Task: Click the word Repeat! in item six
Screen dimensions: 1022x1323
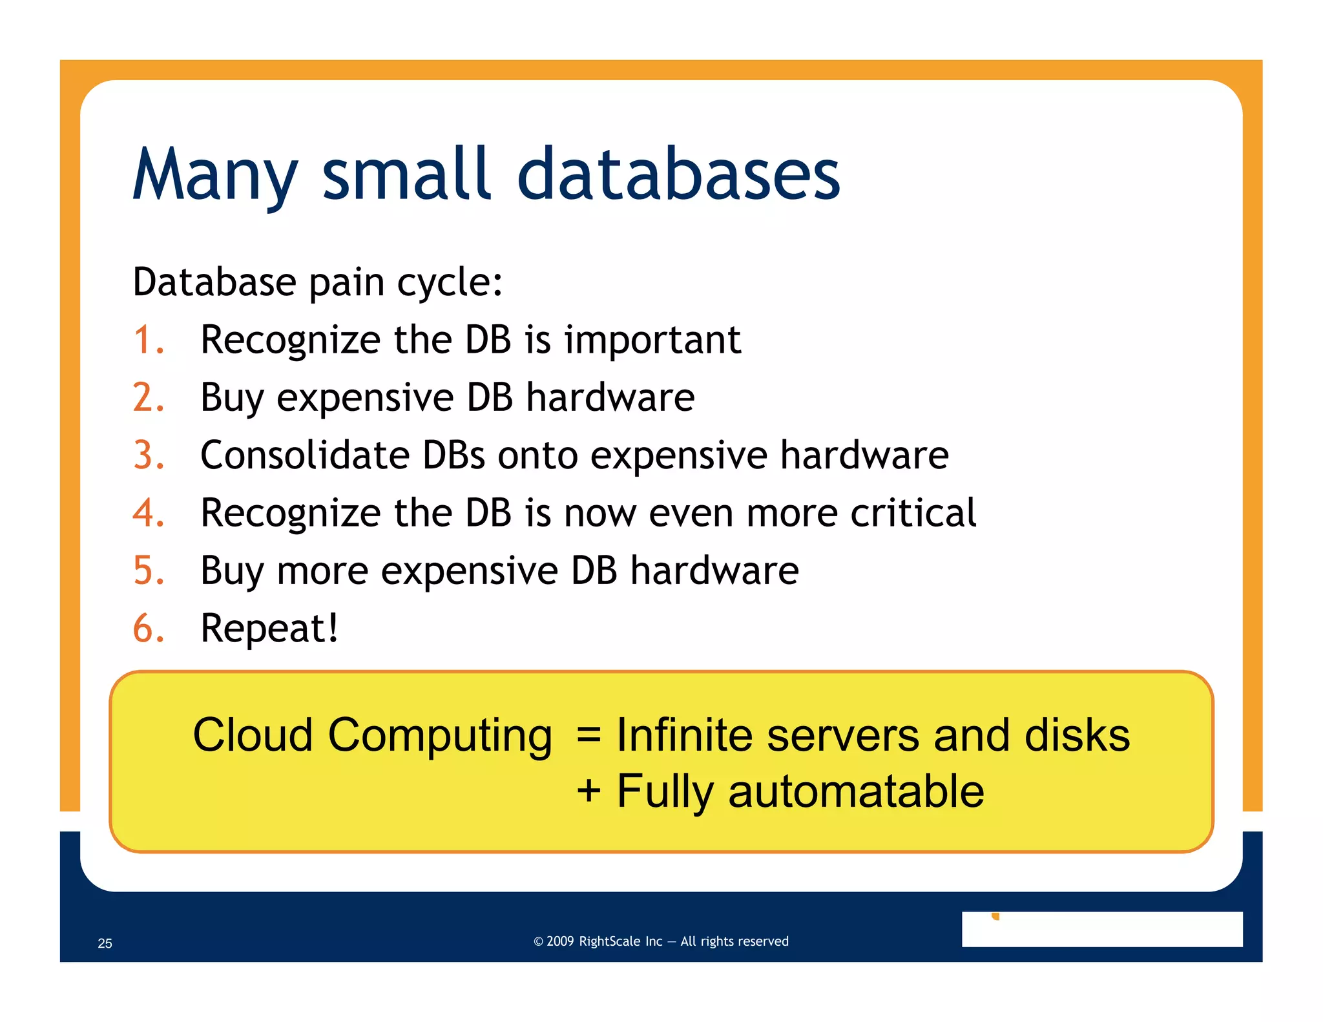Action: click(269, 629)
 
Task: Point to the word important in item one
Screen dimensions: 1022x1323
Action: click(652, 340)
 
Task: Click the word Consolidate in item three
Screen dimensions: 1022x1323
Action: click(305, 455)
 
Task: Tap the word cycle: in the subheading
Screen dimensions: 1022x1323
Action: click(450, 283)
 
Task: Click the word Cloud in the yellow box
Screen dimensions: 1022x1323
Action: click(253, 735)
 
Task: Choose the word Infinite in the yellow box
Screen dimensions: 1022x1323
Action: click(684, 735)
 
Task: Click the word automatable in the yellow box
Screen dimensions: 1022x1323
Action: click(856, 791)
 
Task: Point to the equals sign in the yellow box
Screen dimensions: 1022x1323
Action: click(589, 735)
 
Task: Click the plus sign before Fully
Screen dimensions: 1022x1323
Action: click(589, 791)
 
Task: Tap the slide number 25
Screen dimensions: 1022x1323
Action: click(105, 943)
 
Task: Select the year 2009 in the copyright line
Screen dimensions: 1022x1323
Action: click(560, 941)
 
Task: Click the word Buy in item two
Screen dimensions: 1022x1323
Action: click(232, 399)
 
